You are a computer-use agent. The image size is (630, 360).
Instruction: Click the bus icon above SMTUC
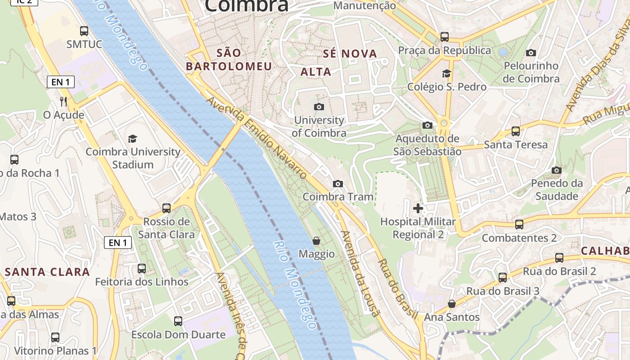pos(84,31)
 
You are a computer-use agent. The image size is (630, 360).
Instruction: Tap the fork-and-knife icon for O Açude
pos(63,101)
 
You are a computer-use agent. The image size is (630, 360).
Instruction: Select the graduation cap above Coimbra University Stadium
pos(132,139)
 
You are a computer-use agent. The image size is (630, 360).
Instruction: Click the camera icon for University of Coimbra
pos(319,107)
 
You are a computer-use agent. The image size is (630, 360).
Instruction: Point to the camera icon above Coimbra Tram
pos(337,184)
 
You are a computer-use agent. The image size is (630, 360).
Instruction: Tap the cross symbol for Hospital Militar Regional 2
pos(418,208)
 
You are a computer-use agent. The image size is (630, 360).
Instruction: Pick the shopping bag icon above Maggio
pos(316,241)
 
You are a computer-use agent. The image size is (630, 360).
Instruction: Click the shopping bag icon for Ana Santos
pos(452,304)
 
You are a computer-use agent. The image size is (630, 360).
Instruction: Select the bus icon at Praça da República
pos(445,37)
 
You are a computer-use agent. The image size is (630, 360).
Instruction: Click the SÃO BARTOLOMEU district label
pos(229,59)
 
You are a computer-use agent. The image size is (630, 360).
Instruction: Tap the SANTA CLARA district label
pos(47,272)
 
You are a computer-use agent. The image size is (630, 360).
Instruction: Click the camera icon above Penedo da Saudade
pos(557,170)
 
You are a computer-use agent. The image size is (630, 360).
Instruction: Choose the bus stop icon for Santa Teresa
pos(516,131)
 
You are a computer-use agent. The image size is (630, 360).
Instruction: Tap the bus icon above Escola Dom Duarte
pos(178,321)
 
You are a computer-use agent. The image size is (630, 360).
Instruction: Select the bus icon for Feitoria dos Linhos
pos(142,269)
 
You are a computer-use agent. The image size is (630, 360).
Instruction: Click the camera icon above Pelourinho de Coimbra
pos(531,53)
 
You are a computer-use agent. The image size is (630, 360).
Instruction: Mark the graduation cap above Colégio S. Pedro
pos(446,73)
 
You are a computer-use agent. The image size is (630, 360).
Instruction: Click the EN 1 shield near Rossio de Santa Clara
pos(118,243)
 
